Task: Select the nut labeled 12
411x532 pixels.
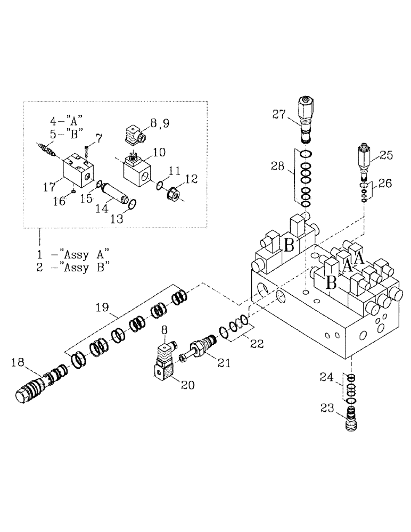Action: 174,194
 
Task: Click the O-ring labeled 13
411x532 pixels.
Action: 133,204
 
